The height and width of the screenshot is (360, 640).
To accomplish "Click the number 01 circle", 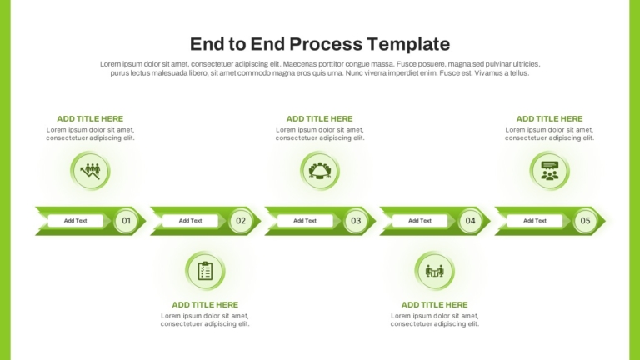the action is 126,221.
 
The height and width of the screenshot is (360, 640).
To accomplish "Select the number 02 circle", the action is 241,221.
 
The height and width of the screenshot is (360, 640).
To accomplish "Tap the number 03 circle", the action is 356,221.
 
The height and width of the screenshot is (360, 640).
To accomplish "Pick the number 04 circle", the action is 471,221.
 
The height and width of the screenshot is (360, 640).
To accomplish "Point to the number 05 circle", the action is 585,221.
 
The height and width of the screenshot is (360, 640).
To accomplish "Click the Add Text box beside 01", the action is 76,221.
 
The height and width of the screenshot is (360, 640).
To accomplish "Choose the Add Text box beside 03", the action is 305,221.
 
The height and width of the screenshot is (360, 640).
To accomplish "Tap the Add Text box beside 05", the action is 535,221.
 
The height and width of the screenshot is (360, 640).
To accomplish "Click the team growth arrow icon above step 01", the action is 90,171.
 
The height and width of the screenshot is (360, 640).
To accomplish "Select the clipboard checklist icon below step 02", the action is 205,271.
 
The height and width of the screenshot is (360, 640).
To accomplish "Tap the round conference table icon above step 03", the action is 320,171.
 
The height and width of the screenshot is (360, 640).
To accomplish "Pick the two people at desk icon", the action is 435,271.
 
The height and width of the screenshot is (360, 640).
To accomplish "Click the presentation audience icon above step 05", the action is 550,171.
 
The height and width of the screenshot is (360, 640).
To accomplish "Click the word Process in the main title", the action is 326,44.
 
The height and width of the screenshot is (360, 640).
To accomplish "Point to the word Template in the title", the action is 408,44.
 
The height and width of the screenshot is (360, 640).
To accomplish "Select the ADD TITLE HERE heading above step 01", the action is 90,119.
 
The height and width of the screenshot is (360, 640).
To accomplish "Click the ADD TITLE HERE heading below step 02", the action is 205,305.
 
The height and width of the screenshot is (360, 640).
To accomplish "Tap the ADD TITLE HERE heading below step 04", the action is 435,305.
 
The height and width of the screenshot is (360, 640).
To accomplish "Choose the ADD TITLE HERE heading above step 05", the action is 550,119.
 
